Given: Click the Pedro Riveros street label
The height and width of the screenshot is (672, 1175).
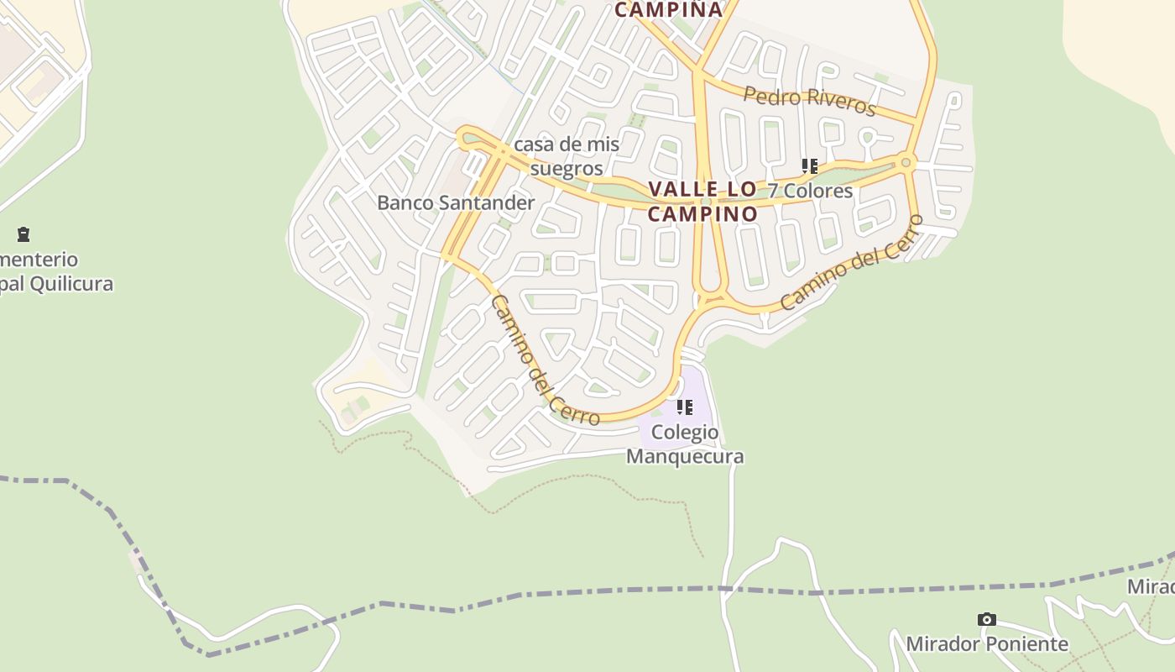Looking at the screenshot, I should pos(809,100).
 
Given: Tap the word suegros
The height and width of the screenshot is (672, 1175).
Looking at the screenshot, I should pos(567,168).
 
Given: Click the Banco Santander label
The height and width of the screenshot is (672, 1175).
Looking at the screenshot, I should pos(456,202).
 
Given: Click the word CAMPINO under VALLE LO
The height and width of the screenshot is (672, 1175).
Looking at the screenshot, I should pos(702,213).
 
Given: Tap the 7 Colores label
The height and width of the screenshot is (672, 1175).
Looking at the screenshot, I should pos(810,191).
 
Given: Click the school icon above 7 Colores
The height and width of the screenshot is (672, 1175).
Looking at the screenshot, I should pos(809,165).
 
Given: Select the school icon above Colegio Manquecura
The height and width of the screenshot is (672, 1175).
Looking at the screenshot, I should pos(685,407).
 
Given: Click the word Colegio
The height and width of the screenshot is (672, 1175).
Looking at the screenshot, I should pos(685,433).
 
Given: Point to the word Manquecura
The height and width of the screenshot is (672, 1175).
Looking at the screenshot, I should pos(685,456).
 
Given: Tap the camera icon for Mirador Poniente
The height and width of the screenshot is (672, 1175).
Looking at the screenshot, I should pos(987,620).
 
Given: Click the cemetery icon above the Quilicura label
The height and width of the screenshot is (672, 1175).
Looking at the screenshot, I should pos(23,234).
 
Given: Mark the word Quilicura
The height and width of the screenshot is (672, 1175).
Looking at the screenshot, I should pos(70,283).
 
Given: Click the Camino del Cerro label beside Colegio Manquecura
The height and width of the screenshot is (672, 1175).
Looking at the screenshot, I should pos(544,360).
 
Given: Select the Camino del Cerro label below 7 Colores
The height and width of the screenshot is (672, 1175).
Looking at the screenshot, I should pos(851,263).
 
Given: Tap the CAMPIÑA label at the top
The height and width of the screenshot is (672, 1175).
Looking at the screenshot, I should pos(668,9).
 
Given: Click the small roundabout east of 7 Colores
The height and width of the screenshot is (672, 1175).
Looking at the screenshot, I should pos(906,162).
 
